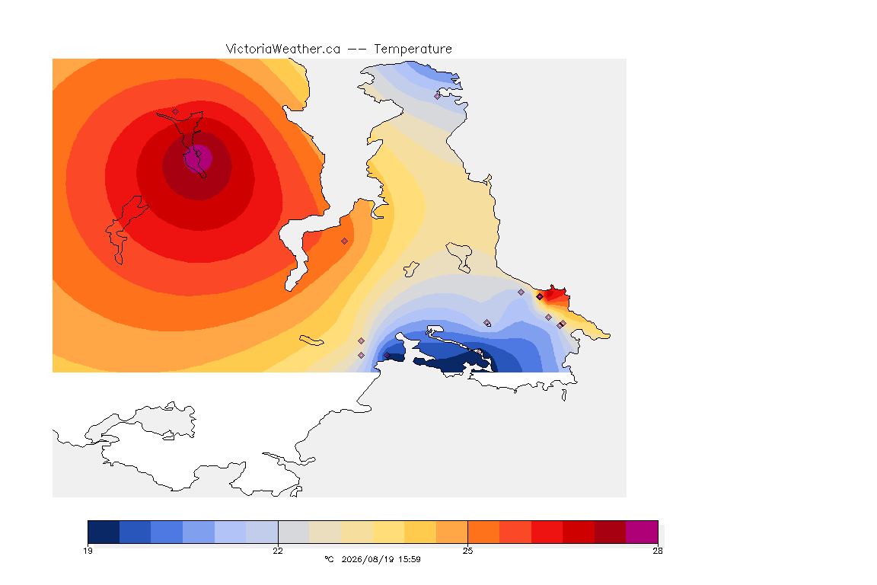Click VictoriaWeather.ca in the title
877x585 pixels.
(283, 50)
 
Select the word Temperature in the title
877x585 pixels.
(413, 50)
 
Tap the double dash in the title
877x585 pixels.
(357, 50)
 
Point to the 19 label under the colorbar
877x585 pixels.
(88, 551)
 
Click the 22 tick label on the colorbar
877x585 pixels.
(278, 551)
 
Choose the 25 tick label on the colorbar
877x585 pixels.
(467, 551)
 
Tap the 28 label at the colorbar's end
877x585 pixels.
(658, 551)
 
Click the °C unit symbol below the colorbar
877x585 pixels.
(329, 559)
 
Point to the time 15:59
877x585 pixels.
(410, 559)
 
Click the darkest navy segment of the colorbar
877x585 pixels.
(104, 532)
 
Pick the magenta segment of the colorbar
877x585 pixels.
(642, 532)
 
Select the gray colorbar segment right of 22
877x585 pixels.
(294, 532)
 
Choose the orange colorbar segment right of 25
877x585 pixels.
(483, 532)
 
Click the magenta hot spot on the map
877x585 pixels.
(199, 158)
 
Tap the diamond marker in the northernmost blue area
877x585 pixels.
(438, 96)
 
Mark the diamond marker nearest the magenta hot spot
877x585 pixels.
(176, 111)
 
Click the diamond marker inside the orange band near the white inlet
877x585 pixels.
(345, 241)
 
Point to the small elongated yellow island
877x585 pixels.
(311, 340)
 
